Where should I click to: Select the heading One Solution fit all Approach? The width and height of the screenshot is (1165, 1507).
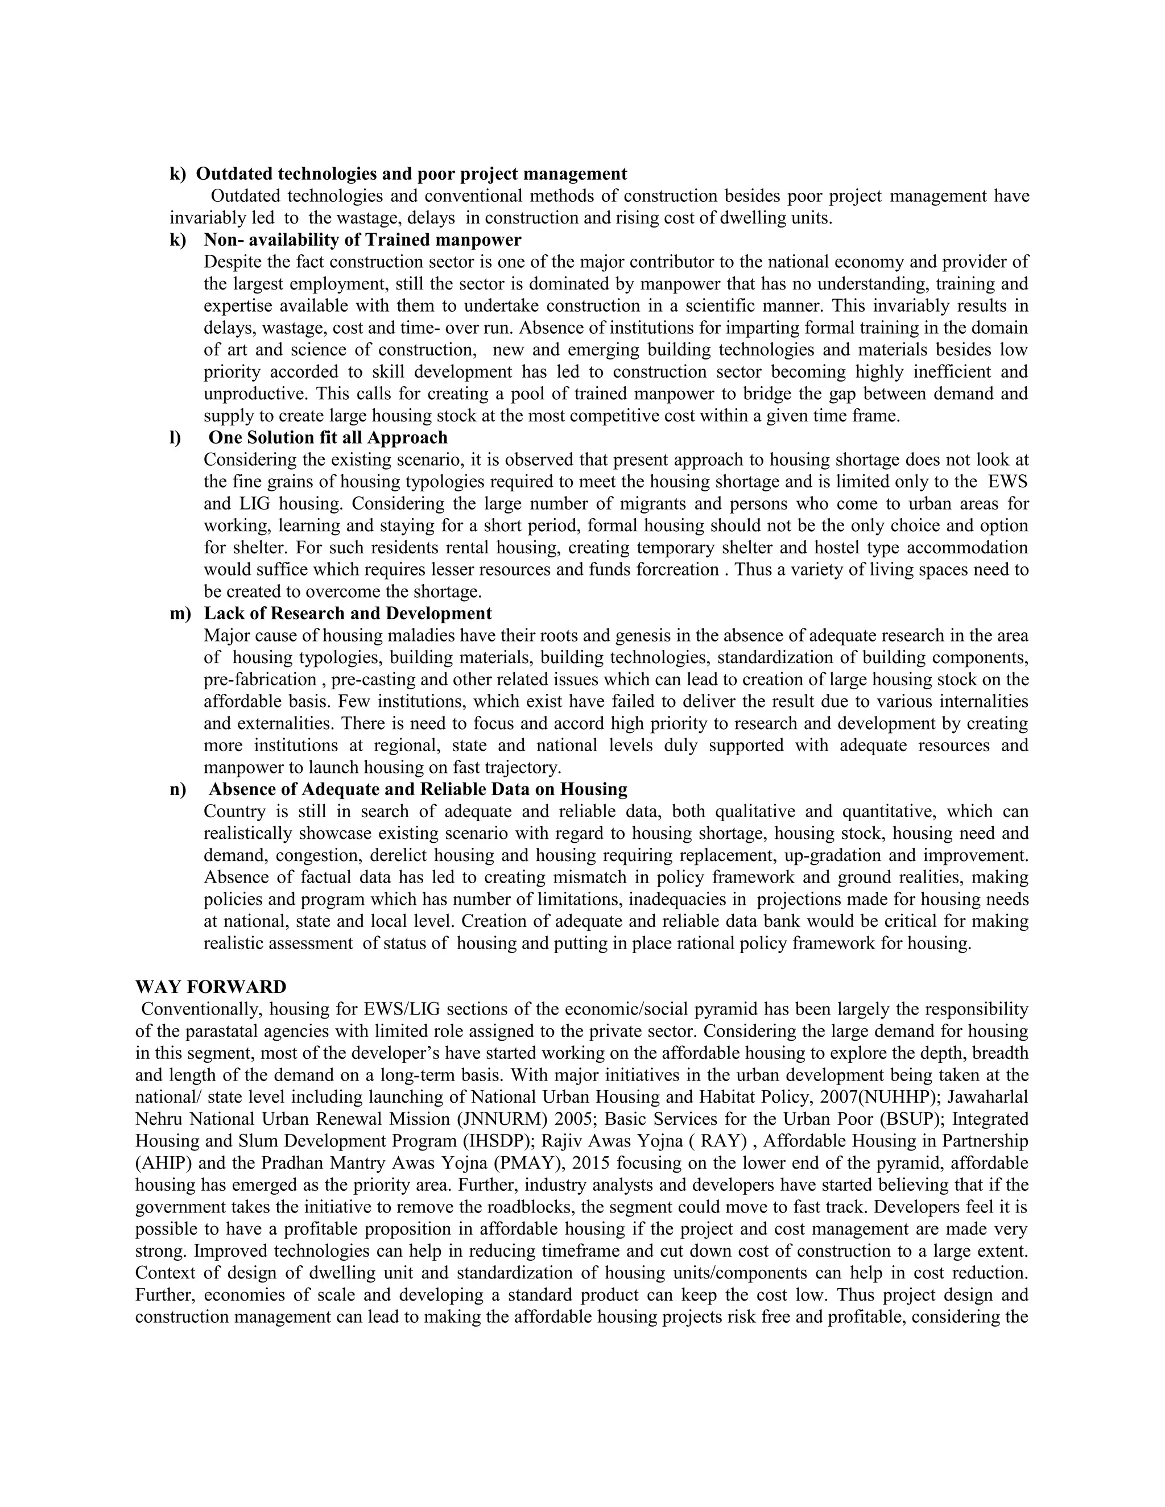(x=328, y=437)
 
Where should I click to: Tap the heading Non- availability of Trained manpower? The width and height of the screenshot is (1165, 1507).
(x=362, y=239)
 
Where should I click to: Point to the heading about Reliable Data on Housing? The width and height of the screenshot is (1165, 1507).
(x=418, y=789)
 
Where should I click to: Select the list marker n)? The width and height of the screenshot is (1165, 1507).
(x=178, y=789)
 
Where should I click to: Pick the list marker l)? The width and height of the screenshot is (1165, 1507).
(x=175, y=437)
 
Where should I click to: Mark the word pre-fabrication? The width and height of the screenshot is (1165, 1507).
(x=259, y=679)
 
